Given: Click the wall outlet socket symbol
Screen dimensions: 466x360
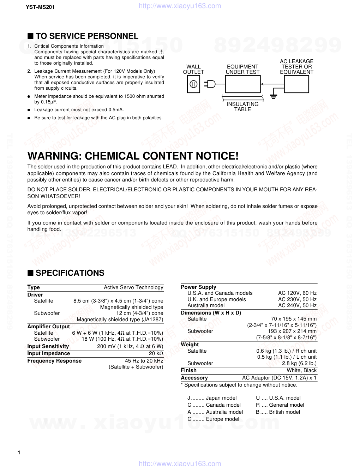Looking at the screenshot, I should tap(193, 84).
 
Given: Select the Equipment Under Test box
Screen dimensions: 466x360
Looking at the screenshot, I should tap(242, 84).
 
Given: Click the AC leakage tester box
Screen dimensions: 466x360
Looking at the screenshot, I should tap(296, 84).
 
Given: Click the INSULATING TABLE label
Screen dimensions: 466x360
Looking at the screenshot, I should tap(242, 107).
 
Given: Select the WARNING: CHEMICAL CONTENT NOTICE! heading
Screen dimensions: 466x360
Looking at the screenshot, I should tap(133, 156).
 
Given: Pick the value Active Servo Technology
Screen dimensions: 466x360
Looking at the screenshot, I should tap(133, 287).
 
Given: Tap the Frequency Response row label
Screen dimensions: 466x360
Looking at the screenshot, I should tap(54, 361).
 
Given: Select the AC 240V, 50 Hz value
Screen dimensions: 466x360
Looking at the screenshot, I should tap(297, 305).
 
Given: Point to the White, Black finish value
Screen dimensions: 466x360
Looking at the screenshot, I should tap(301, 370).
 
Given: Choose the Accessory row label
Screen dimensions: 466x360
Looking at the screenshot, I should tap(194, 378).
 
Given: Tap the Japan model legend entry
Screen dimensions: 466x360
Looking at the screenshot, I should tap(212, 398).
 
